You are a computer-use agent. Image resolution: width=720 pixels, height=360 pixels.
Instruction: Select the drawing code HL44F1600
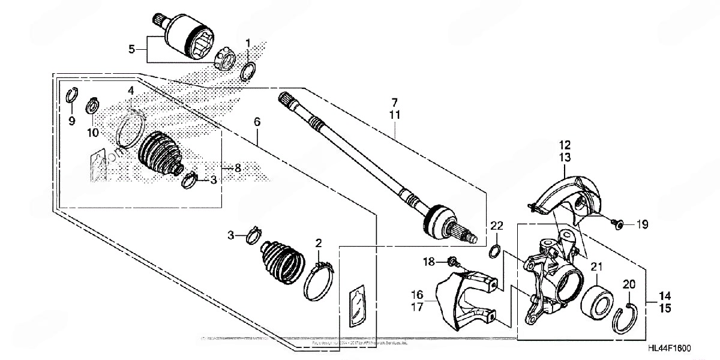click(670, 349)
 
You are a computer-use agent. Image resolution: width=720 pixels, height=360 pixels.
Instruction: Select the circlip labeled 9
click(71, 95)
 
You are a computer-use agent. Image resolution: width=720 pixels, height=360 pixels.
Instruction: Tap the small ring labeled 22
click(495, 249)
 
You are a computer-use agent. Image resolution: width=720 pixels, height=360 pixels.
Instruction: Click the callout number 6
click(257, 122)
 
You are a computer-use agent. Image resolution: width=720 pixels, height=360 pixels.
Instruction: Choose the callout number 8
click(238, 169)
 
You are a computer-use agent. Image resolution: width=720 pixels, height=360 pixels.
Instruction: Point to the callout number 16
click(418, 295)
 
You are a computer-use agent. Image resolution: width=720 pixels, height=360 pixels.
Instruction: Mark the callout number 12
click(566, 145)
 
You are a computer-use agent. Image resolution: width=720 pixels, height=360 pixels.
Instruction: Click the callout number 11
click(395, 113)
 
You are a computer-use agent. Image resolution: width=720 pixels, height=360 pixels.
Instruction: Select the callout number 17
click(418, 307)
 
